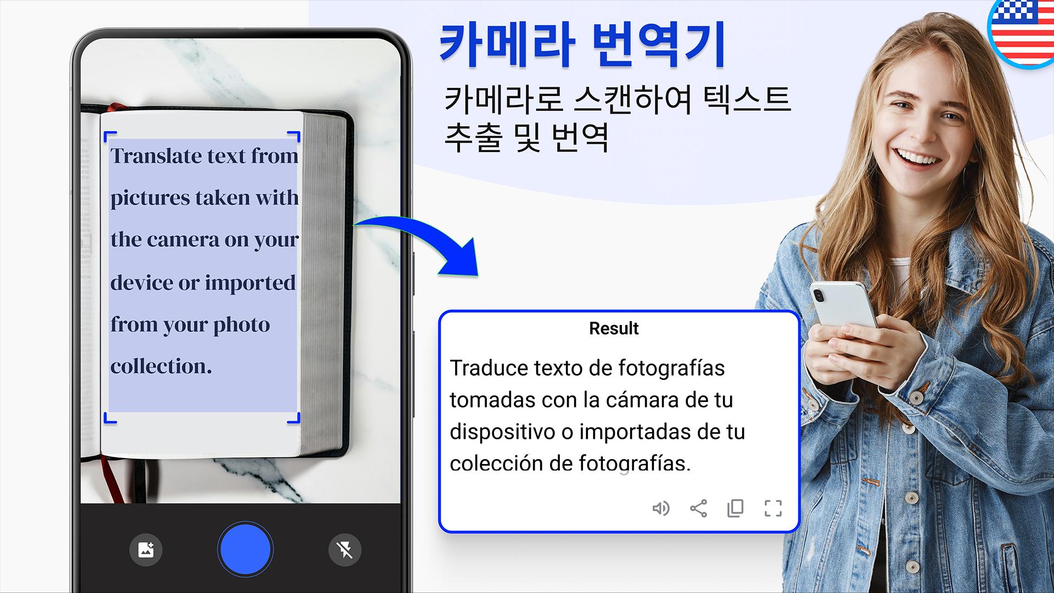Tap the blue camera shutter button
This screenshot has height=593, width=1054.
coord(245,550)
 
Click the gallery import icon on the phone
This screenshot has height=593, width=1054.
coord(146,550)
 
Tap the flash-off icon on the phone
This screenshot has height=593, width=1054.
coord(345,550)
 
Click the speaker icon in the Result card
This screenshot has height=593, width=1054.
coord(661,508)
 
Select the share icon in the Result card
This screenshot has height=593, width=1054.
coord(698,508)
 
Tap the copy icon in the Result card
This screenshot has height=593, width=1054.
coord(736,508)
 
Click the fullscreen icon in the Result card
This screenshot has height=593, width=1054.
coord(773,508)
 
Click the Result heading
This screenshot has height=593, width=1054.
coord(614,328)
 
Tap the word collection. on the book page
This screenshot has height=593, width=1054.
coord(161,366)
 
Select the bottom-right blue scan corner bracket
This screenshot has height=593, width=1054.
coord(294,418)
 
